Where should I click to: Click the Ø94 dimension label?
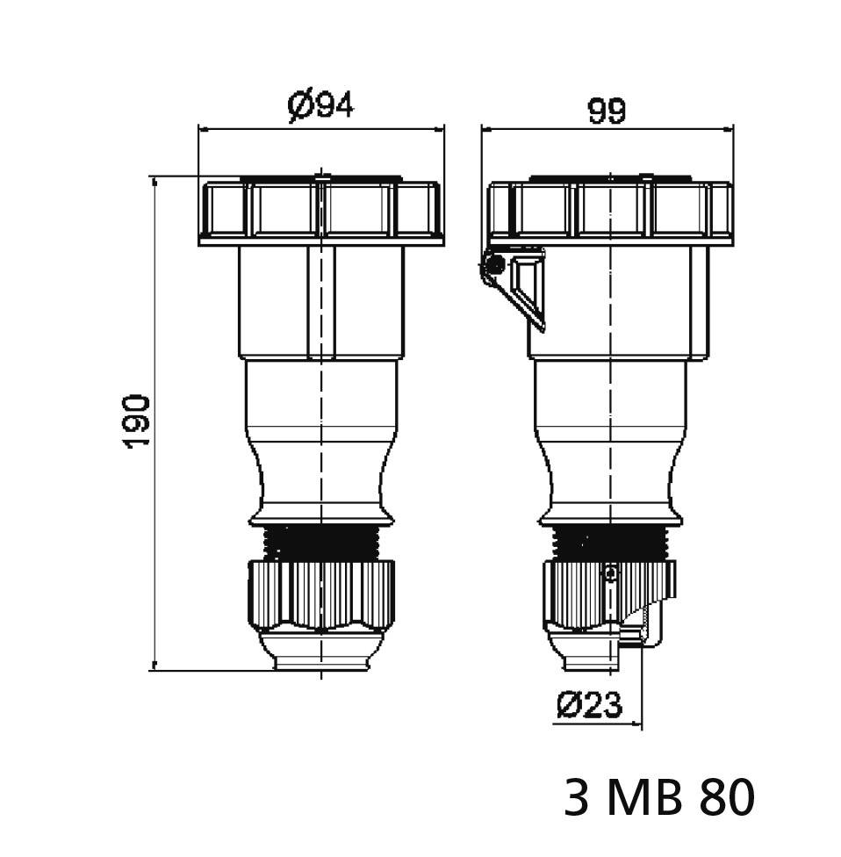click(x=320, y=106)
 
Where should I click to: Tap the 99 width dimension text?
click(x=607, y=112)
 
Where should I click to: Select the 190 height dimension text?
click(x=137, y=421)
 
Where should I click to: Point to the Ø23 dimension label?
click(x=589, y=704)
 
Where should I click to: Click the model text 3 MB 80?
click(x=658, y=798)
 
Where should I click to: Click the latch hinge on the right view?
click(x=493, y=263)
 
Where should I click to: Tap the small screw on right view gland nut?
click(x=612, y=573)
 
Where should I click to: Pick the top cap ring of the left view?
click(x=321, y=211)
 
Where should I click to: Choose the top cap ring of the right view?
click(x=610, y=211)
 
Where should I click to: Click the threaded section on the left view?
click(x=321, y=541)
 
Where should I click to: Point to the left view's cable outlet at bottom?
click(x=321, y=654)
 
